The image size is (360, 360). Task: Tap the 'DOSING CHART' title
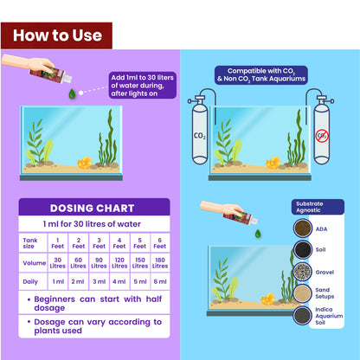coord(91,208)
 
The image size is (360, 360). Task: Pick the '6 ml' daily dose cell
coord(159,281)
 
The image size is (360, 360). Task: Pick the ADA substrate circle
coord(303,228)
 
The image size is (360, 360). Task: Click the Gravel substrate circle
coord(303,272)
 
